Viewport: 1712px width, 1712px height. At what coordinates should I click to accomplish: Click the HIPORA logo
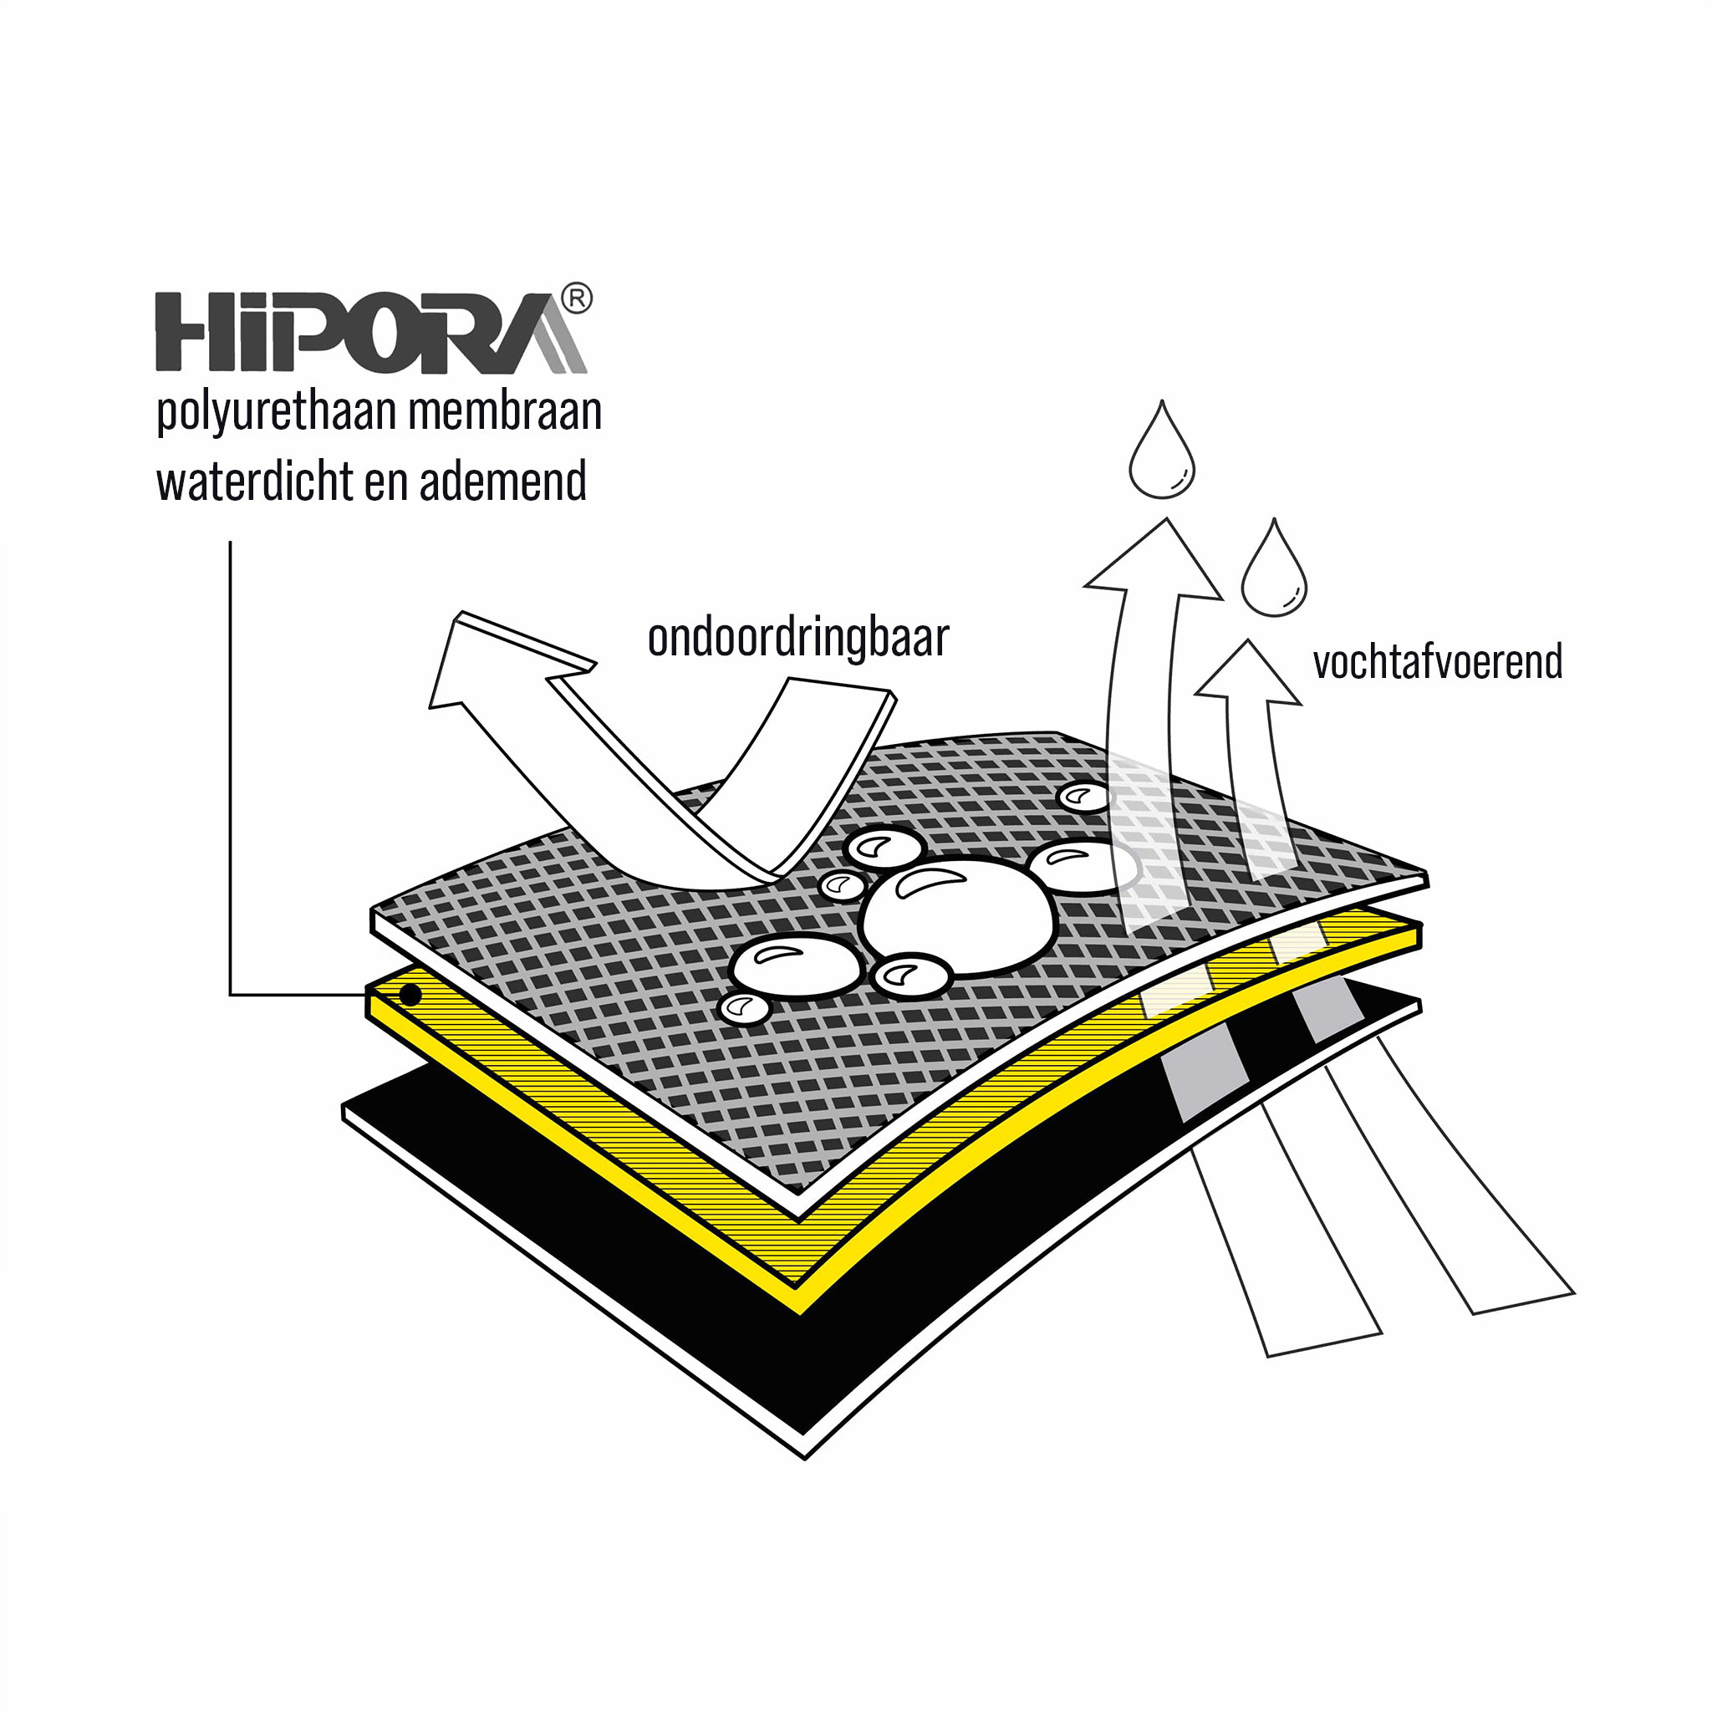click(x=372, y=329)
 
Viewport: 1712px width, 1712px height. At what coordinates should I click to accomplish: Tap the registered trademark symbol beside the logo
click(x=577, y=298)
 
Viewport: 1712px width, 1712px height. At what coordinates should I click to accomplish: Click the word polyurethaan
click(x=276, y=414)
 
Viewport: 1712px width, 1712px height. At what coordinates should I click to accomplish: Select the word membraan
click(x=505, y=412)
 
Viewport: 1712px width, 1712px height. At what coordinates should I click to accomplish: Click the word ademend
click(x=502, y=481)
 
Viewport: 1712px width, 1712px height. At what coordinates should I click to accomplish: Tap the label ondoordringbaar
click(x=798, y=638)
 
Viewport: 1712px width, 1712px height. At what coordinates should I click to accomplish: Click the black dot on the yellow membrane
click(x=410, y=994)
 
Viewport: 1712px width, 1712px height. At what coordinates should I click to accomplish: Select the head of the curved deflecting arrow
click(x=497, y=660)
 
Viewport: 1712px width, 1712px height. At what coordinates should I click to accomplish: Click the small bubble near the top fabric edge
click(x=1083, y=797)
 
